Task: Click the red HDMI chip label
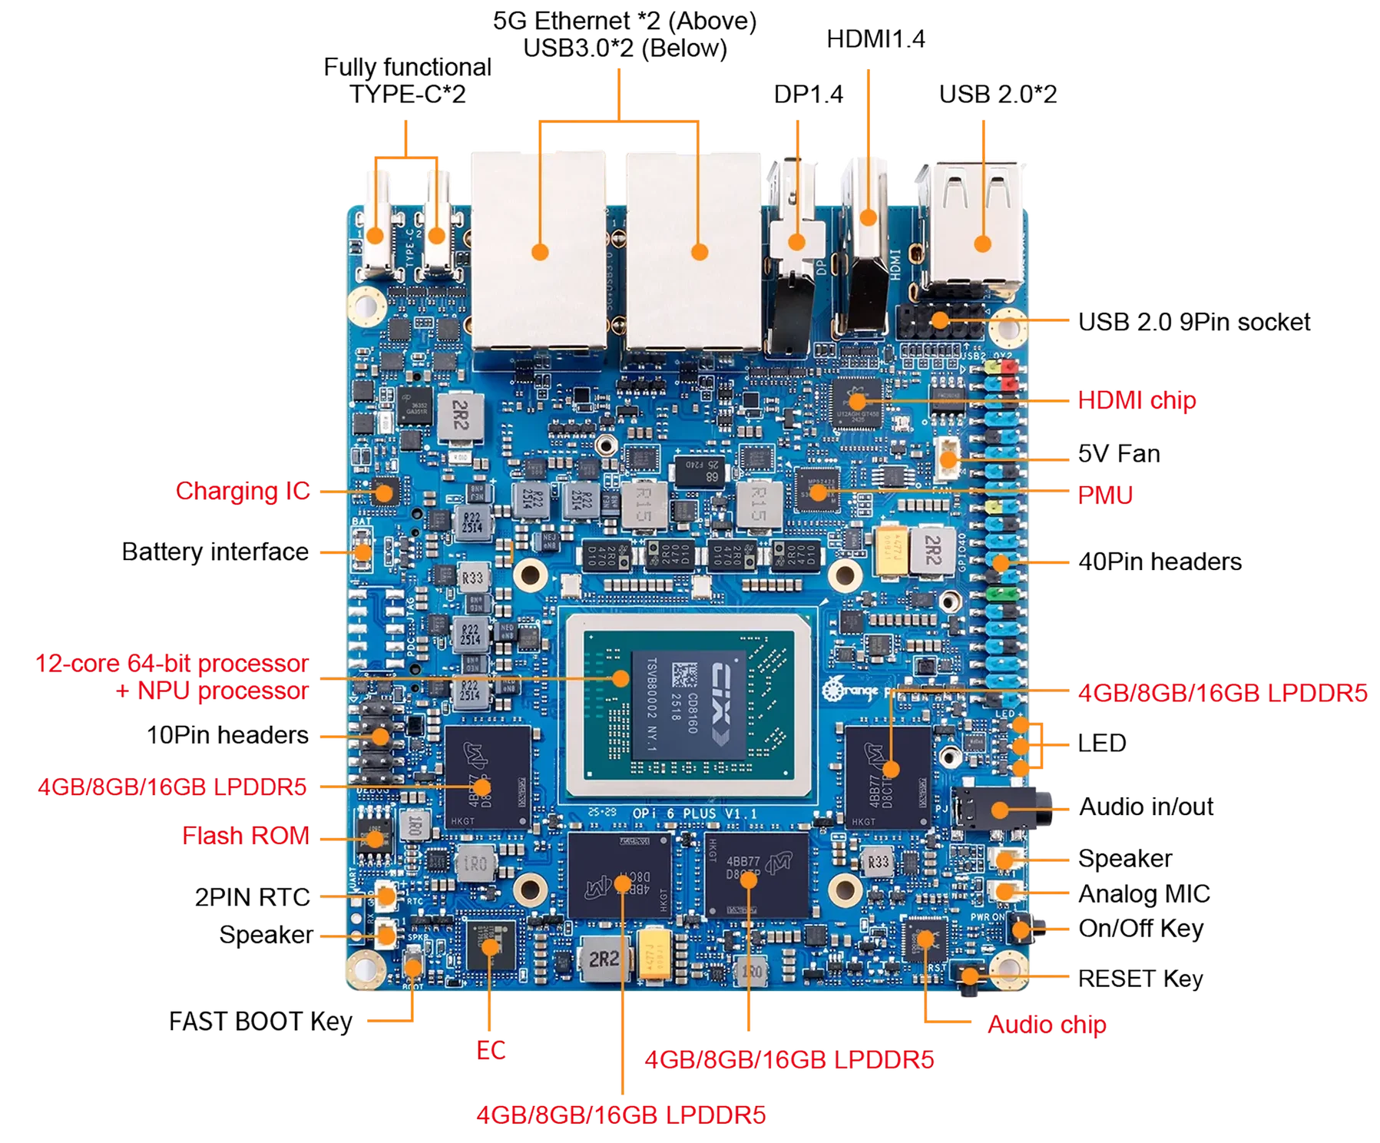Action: coord(1136,400)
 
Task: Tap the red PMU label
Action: coord(1105,495)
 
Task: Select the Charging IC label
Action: coord(243,492)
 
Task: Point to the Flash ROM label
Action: coord(246,836)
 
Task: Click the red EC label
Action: coord(491,1050)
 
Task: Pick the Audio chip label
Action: coord(1046,1024)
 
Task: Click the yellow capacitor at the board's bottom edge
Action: coord(655,957)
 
